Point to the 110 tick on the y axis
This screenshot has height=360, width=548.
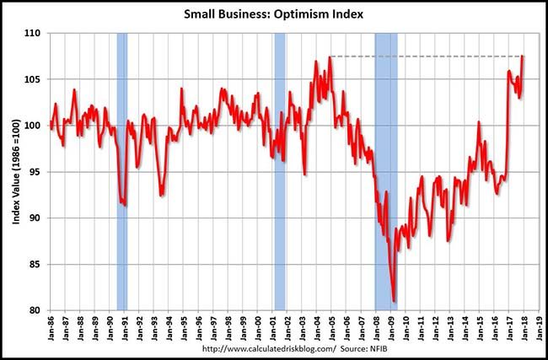click(x=36, y=34)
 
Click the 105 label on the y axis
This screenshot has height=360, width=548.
click(x=36, y=80)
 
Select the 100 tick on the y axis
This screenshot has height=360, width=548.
click(x=36, y=126)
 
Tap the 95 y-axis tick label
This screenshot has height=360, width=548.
click(x=38, y=172)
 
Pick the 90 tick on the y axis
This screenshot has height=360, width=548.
click(x=38, y=218)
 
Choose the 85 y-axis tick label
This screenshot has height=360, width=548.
click(x=38, y=265)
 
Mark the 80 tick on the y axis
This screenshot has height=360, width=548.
click(x=38, y=310)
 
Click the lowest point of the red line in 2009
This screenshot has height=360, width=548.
click(x=394, y=300)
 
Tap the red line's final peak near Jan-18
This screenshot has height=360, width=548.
click(x=523, y=56)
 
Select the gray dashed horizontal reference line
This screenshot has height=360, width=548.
click(x=422, y=56)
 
